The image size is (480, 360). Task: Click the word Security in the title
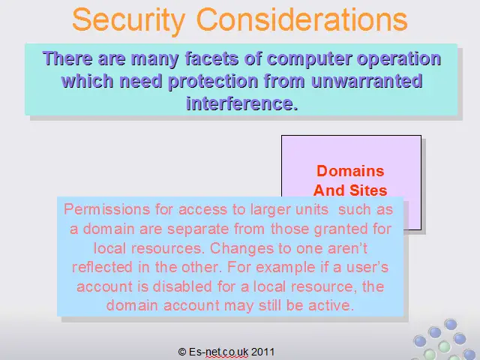click(x=129, y=19)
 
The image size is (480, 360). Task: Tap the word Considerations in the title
click(x=301, y=19)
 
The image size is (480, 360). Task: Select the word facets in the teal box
click(x=211, y=58)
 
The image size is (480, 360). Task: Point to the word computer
click(x=309, y=59)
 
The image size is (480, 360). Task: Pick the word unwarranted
click(x=367, y=81)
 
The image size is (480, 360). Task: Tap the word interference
click(x=242, y=103)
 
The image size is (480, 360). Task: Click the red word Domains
click(x=350, y=171)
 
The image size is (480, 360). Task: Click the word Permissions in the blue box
click(x=106, y=210)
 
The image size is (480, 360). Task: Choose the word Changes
click(x=241, y=248)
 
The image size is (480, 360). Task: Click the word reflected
click(x=103, y=267)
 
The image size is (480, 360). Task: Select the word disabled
click(x=182, y=286)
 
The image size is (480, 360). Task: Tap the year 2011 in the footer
click(x=262, y=352)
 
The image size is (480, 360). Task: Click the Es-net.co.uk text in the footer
click(x=219, y=352)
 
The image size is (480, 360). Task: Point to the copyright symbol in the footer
click(x=182, y=352)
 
